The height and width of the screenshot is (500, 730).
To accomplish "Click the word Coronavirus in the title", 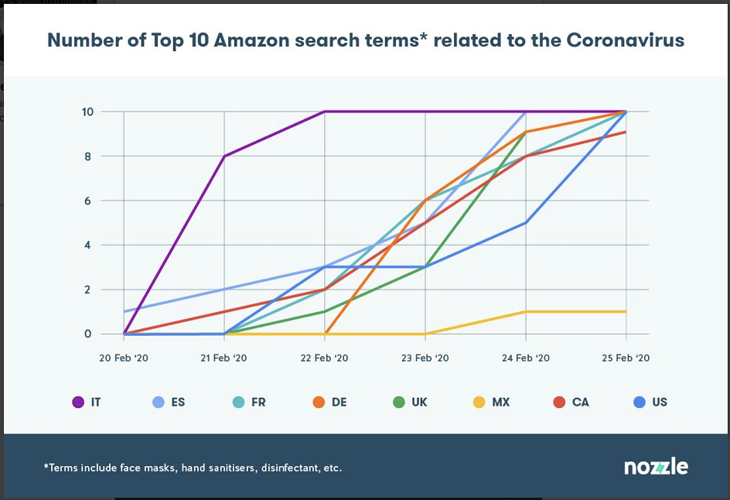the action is [626, 40].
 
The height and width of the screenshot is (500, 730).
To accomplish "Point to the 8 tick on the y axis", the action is [87, 156].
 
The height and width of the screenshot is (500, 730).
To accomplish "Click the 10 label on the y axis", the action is [87, 111].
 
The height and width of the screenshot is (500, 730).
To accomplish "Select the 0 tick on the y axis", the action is [87, 334].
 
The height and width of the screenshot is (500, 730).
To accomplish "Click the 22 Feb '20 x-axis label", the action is [325, 358].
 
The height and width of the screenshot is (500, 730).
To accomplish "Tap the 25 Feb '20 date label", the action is [626, 358].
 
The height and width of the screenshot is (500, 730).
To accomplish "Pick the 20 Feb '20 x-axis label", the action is [124, 358].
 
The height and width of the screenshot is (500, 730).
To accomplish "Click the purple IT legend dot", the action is [78, 402].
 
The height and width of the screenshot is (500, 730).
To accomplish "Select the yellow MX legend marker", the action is [479, 402].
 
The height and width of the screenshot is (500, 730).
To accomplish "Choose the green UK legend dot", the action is [399, 402].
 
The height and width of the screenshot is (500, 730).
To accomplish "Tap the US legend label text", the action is [660, 402].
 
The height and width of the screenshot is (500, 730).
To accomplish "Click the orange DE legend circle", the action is [319, 402].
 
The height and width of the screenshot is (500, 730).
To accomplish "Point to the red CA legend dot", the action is [559, 402].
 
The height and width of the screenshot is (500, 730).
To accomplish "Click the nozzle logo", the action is [656, 467].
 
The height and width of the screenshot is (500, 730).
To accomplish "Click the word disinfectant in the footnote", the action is [291, 467].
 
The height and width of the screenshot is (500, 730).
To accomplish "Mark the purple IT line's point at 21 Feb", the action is [224, 156].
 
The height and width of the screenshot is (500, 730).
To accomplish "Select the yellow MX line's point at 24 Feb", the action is [526, 312].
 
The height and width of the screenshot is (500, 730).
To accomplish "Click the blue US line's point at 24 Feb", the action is [526, 223].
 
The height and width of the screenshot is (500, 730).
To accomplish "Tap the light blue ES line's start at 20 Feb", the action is [124, 312].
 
